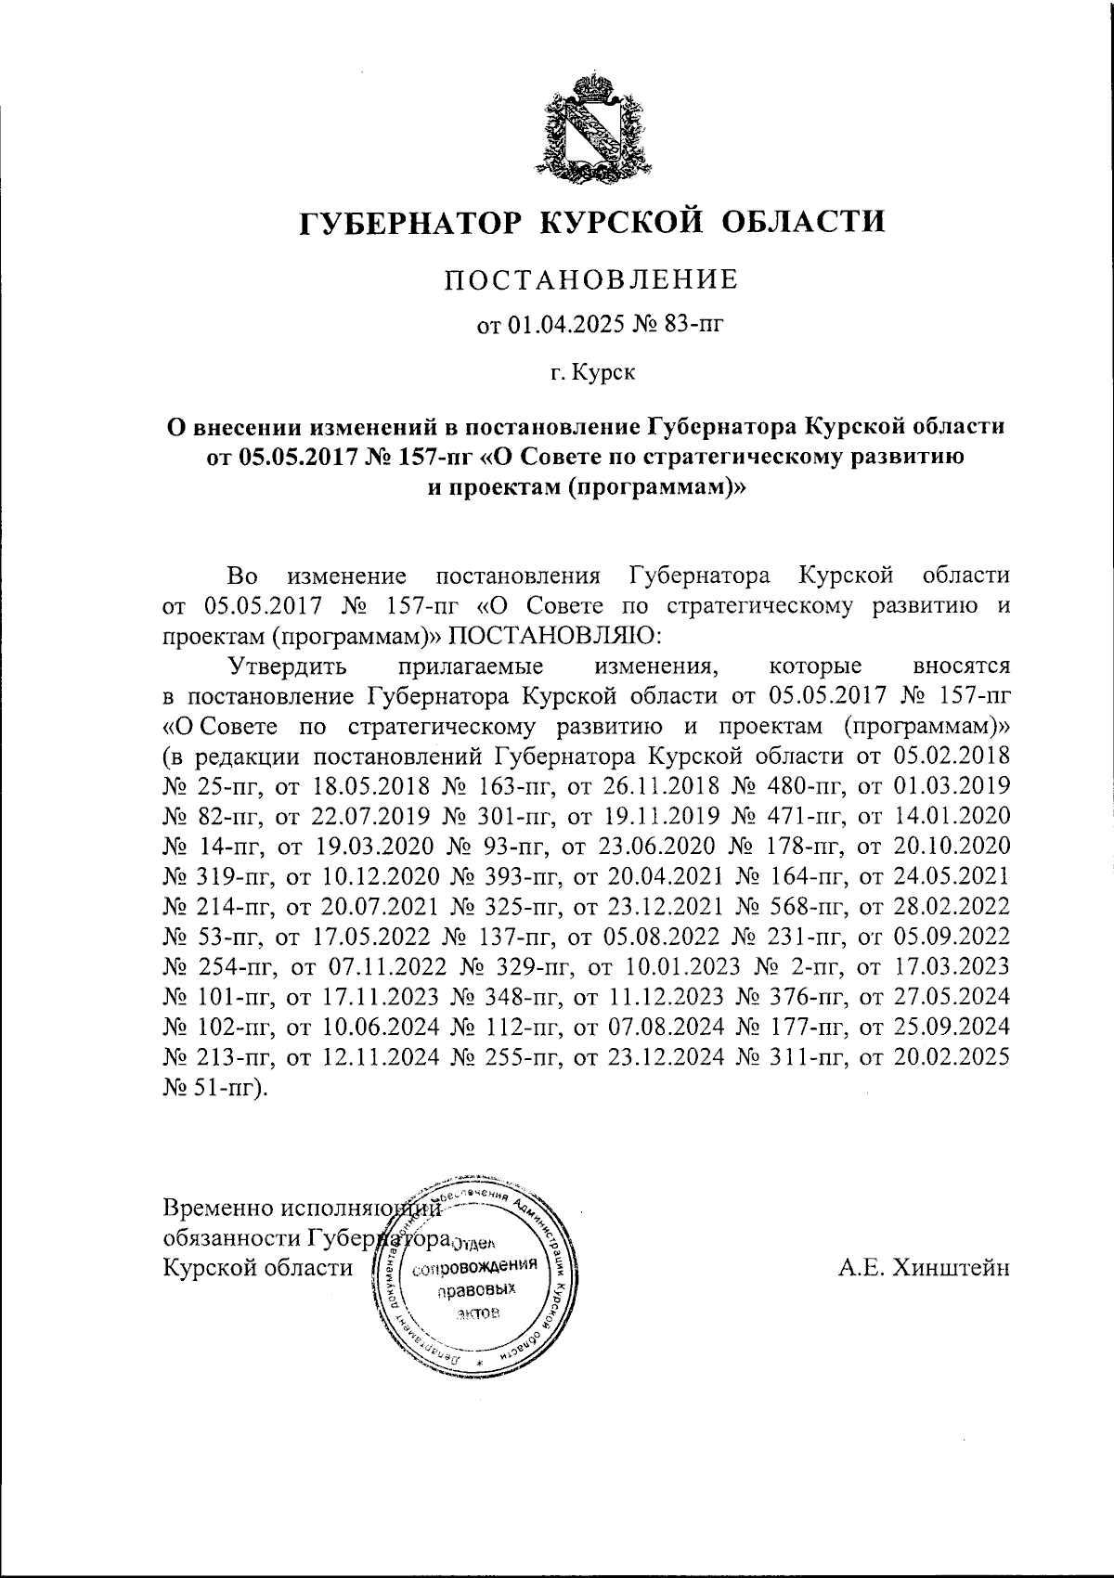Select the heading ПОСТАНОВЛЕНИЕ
590,278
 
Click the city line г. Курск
591,373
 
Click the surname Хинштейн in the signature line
950,1268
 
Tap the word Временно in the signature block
217,1209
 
